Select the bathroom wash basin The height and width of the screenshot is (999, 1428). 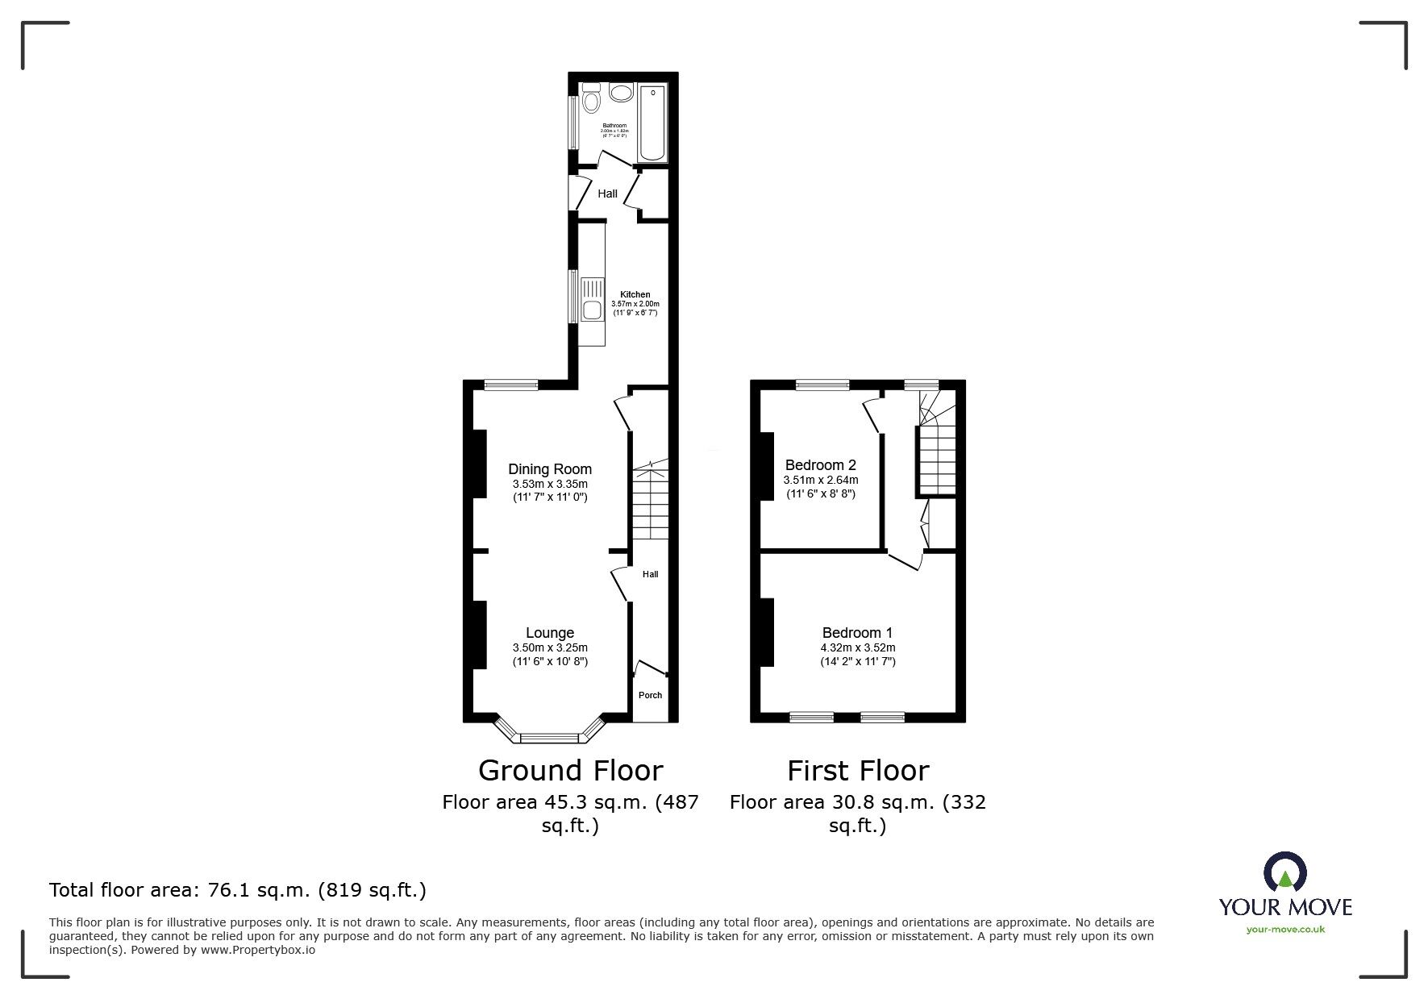click(620, 94)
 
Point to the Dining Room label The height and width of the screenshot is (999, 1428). click(550, 469)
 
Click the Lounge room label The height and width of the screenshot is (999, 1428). click(550, 633)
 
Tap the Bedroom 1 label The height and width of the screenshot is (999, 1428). click(857, 633)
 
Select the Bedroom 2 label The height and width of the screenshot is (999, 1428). click(820, 465)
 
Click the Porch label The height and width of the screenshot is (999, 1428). click(650, 695)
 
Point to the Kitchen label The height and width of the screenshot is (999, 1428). click(635, 295)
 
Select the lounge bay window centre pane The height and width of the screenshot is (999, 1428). click(550, 737)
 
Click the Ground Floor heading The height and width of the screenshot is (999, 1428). click(570, 771)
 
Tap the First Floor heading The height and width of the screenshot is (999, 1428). click(857, 771)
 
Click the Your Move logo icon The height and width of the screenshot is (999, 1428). click(1284, 872)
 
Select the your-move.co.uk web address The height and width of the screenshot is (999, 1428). click(1285, 930)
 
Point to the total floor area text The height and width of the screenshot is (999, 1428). click(238, 890)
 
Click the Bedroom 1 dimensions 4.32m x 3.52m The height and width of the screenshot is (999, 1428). click(857, 647)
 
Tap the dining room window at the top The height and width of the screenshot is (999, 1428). click(510, 385)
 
